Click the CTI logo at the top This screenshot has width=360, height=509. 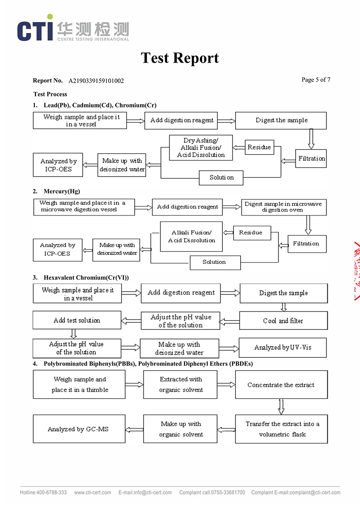(72, 28)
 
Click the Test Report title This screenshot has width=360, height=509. (180, 58)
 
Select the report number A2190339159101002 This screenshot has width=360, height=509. (96, 80)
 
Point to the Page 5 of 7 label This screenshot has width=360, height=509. (316, 80)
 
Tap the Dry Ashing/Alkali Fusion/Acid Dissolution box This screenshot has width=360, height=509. (201, 147)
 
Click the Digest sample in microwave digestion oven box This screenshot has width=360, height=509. (283, 207)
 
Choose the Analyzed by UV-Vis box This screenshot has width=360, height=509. (282, 348)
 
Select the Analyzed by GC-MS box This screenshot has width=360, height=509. (78, 429)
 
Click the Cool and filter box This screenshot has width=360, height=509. (283, 321)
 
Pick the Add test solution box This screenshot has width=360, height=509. (77, 320)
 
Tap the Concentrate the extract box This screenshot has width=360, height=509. (281, 385)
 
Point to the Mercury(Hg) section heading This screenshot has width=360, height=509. (62, 191)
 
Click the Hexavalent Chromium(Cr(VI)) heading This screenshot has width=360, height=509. (86, 278)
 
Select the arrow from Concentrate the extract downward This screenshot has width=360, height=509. (281, 407)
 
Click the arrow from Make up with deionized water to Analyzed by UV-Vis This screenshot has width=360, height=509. (229, 348)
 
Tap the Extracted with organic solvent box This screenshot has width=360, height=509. (181, 385)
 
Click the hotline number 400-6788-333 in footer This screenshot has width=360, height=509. (43, 492)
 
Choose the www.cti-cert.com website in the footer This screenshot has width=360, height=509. (92, 492)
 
